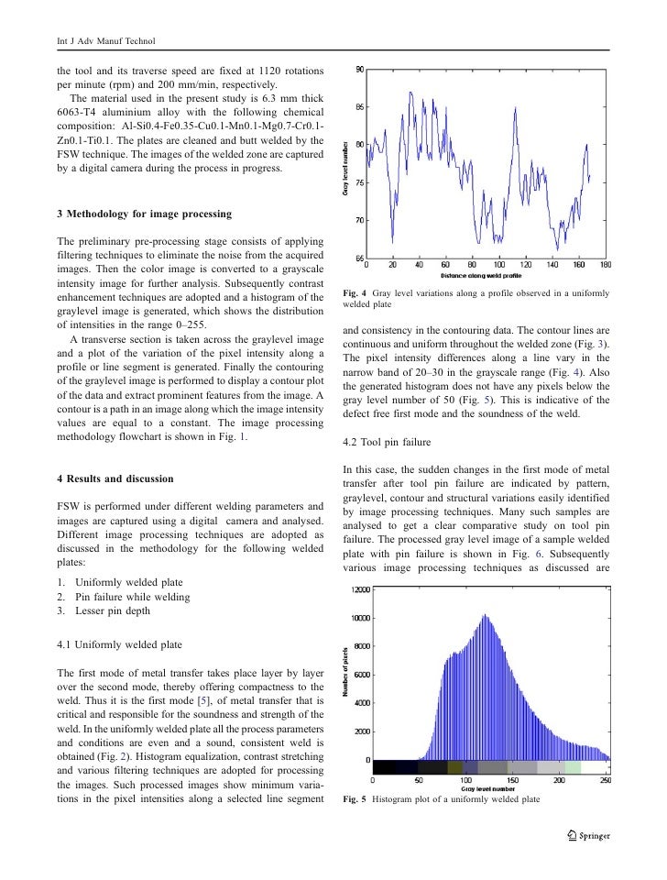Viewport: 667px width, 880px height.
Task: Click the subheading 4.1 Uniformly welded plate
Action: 119,644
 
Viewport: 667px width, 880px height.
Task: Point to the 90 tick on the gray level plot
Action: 359,70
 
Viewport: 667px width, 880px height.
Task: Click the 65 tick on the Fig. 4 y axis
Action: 359,259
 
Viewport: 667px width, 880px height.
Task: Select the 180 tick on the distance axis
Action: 606,266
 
